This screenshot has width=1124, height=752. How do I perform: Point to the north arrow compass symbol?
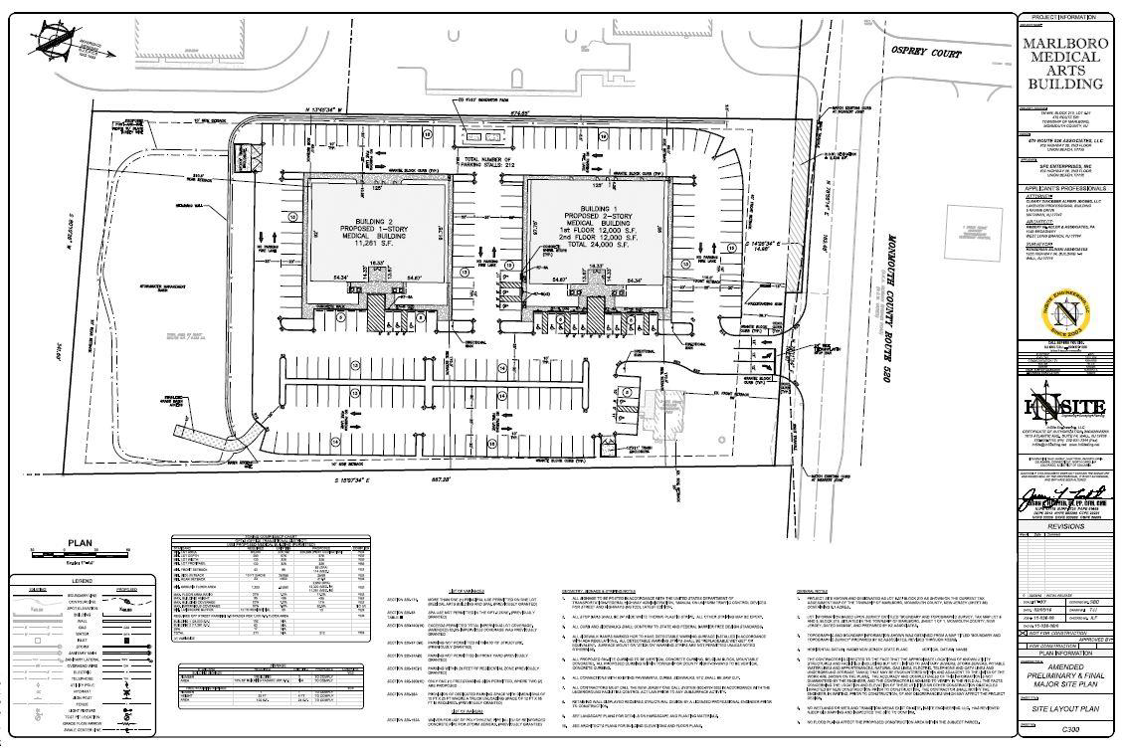point(52,40)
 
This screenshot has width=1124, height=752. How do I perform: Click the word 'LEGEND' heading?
point(83,579)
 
